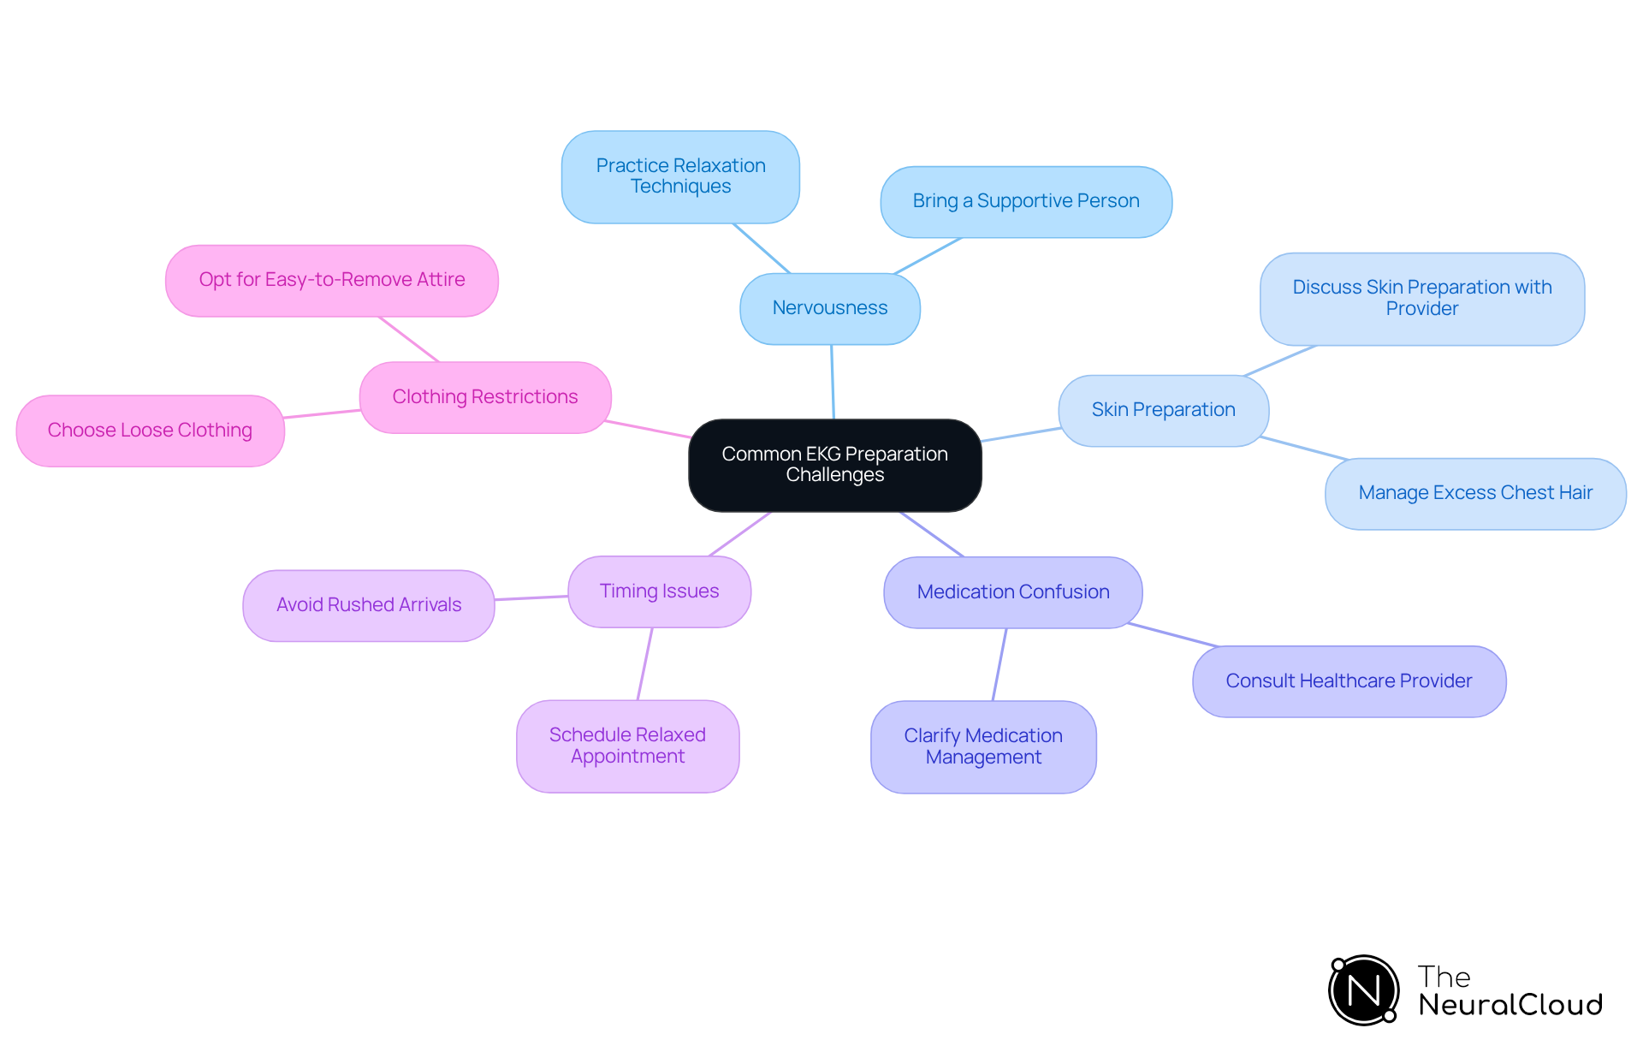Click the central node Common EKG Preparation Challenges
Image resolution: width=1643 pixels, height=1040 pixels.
(834, 465)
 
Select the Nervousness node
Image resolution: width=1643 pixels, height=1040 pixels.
(829, 308)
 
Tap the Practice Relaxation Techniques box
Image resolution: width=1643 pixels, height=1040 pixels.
(680, 176)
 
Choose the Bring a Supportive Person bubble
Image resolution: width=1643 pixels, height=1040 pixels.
(1025, 201)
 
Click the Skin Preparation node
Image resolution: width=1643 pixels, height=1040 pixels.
(1163, 410)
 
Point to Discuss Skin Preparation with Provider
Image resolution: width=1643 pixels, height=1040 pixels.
(1421, 298)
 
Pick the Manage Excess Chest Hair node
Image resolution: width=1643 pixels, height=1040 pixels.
(1474, 493)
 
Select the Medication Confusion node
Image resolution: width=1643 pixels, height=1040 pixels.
(1012, 592)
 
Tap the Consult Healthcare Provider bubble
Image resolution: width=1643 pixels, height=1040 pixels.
(1349, 681)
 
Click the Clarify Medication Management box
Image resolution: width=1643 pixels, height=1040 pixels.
(983, 746)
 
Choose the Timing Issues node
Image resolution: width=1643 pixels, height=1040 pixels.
(659, 591)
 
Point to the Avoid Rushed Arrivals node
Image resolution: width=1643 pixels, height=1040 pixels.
(369, 605)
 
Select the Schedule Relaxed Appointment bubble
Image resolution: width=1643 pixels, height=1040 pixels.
(627, 746)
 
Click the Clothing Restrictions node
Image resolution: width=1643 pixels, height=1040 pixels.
(484, 397)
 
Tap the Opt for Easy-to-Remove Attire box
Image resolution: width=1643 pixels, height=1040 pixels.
(332, 280)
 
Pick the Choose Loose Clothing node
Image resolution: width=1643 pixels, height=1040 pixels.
(150, 431)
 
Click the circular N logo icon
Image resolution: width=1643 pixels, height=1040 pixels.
(1363, 990)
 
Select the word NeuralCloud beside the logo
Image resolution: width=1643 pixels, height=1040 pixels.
(1510, 1005)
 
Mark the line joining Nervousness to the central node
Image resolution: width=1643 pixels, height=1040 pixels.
(833, 382)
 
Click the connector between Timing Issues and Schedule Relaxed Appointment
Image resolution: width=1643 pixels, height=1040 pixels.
(645, 663)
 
